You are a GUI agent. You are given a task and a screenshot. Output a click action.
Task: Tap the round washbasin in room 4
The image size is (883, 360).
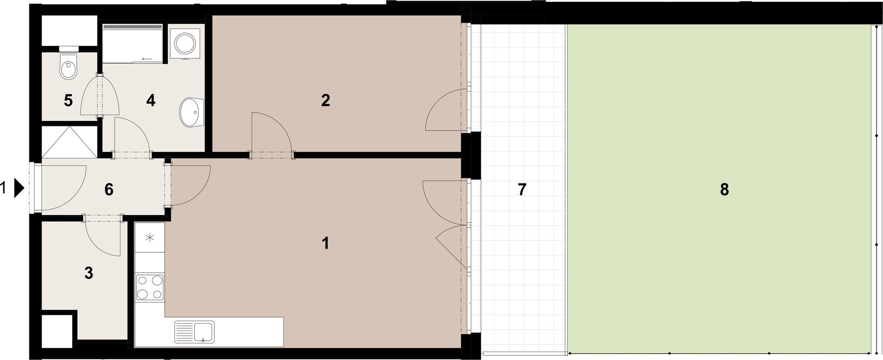coord(191,112)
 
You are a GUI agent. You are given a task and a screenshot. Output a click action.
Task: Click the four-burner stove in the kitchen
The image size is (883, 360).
coord(150,287)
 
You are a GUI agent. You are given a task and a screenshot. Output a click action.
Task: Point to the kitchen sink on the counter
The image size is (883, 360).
coord(194,332)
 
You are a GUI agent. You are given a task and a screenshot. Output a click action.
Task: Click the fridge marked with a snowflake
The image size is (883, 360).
coord(150,238)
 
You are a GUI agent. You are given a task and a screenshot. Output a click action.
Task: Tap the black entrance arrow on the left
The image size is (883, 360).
coord(19,188)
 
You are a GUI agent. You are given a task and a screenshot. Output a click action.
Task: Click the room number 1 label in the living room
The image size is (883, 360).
coord(326,243)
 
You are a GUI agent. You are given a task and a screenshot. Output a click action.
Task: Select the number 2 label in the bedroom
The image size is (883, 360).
coord(326,100)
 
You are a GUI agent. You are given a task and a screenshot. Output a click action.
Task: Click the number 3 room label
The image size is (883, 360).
coord(89,273)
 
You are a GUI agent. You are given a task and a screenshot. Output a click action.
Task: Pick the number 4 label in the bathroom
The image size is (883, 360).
coord(150,100)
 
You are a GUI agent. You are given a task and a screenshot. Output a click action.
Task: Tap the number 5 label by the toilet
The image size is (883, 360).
coord(68,100)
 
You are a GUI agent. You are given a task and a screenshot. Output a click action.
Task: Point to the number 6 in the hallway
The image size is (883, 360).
coord(109,189)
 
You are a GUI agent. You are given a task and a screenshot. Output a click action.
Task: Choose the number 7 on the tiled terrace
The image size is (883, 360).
coord(522,189)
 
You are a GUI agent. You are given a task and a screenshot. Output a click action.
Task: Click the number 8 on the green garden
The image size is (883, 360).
coord(724,189)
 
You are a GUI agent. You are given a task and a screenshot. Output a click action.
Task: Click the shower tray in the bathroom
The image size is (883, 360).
coord(132,44)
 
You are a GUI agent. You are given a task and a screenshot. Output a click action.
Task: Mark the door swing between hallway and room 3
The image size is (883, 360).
coord(103,237)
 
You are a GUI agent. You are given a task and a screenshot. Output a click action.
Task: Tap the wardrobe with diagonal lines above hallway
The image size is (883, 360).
coord(69,143)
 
